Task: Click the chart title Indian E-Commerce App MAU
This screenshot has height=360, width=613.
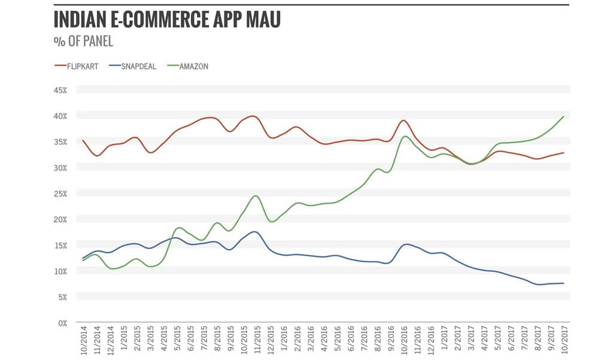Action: [x=166, y=20]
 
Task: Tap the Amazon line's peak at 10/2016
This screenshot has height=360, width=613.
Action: [x=405, y=136]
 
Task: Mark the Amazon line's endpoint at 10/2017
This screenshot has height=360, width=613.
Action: [x=563, y=117]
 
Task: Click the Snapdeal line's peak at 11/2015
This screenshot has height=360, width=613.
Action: [x=255, y=231]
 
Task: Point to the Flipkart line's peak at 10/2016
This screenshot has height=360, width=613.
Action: [x=404, y=120]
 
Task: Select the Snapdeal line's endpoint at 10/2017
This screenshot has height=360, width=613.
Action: [x=563, y=283]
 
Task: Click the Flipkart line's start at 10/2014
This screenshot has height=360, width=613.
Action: [x=83, y=140]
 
